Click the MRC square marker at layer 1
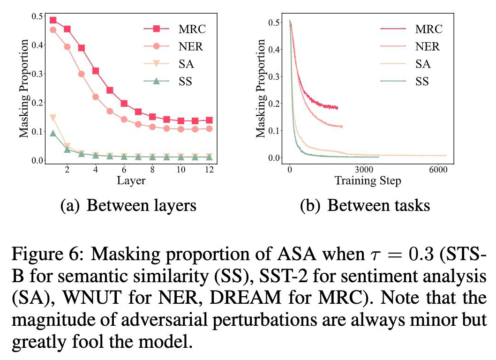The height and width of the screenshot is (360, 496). [x=53, y=20]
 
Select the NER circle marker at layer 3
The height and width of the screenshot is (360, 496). [x=82, y=74]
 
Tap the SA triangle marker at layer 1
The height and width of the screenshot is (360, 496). [x=53, y=117]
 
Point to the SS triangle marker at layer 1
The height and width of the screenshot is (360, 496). [x=53, y=134]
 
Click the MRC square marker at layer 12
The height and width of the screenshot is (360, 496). [x=210, y=120]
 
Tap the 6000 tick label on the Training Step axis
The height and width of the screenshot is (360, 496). [x=437, y=169]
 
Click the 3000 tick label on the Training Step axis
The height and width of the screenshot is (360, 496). [x=363, y=169]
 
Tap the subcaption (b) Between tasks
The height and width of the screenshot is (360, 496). [x=364, y=205]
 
